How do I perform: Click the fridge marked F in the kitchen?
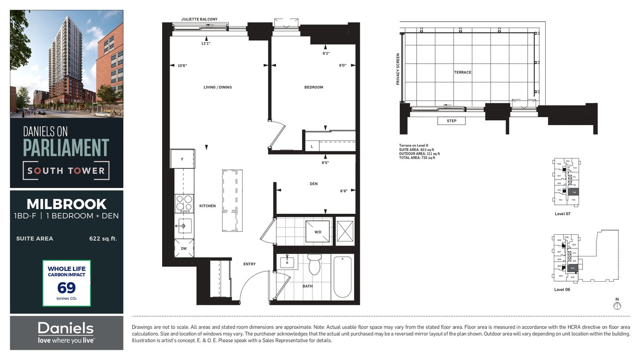click(182, 159)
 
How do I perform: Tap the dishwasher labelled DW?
click(184, 248)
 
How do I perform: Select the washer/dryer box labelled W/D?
click(317, 231)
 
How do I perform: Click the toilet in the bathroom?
click(314, 265)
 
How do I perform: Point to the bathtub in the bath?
click(342, 277)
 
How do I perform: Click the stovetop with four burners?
click(184, 204)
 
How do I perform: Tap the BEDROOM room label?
click(313, 87)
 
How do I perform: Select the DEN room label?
click(313, 184)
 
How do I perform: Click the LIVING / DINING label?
click(217, 87)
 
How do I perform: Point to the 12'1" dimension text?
click(206, 43)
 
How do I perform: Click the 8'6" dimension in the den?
click(343, 191)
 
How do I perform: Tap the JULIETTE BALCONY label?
click(199, 20)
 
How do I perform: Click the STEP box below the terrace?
click(451, 121)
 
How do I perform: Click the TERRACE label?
click(462, 72)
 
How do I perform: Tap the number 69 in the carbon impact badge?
click(67, 287)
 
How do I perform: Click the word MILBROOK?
click(67, 204)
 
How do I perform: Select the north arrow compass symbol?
click(617, 306)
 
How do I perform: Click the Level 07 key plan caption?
click(562, 214)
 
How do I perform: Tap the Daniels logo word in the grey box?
click(66, 328)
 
